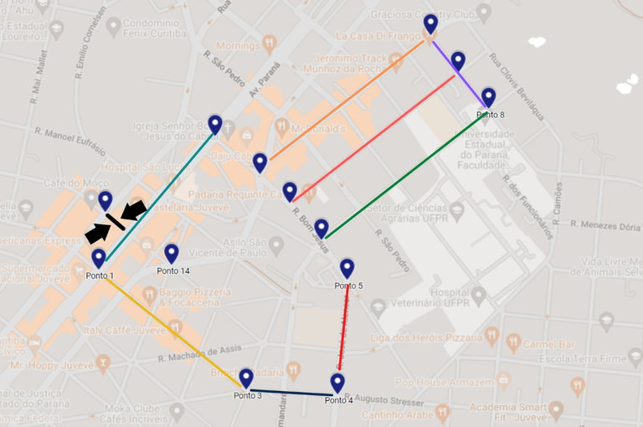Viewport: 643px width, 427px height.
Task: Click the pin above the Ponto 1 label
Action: (99, 258)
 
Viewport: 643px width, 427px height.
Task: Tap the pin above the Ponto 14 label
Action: (172, 253)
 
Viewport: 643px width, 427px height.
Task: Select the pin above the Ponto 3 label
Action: (246, 378)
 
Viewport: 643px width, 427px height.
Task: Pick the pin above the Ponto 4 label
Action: (337, 383)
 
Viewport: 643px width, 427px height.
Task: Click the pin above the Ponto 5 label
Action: (347, 268)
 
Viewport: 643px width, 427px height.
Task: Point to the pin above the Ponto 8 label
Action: (488, 97)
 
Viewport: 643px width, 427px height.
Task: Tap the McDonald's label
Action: (317, 130)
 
